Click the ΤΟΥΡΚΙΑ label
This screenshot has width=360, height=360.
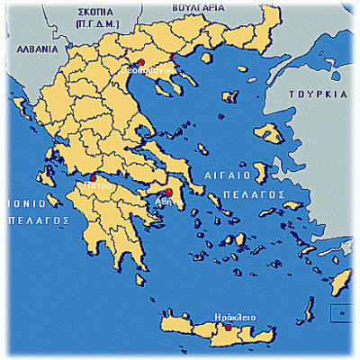(317, 94)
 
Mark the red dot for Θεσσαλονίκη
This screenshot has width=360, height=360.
(140, 60)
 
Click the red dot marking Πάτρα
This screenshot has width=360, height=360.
(94, 178)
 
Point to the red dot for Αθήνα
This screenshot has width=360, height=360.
(168, 193)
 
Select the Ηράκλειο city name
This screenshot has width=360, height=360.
(236, 317)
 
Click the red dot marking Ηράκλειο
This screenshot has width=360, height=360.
(228, 328)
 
